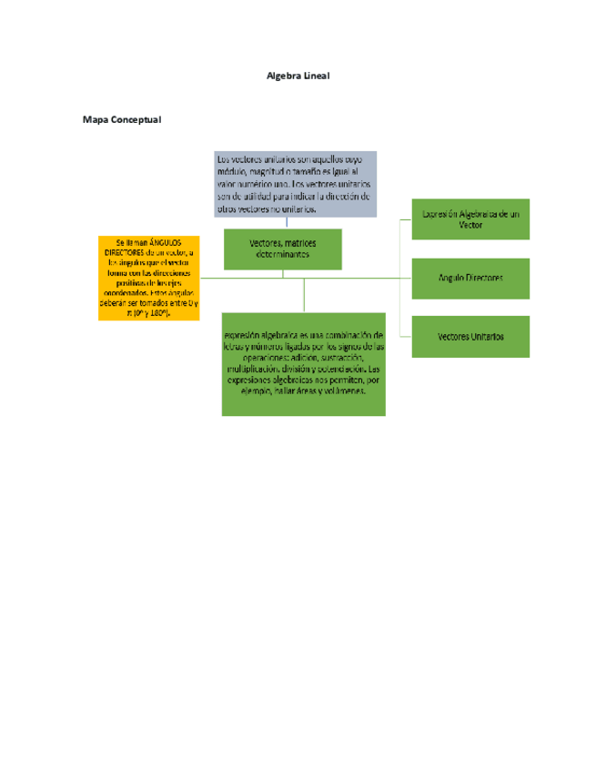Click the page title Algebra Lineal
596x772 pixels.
pos(298,76)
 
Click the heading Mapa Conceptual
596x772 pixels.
pos(122,119)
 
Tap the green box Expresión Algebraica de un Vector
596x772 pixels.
pos(470,218)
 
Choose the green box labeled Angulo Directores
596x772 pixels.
pos(470,278)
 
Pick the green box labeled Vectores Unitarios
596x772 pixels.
pos(470,337)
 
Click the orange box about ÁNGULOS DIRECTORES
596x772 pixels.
pos(149,278)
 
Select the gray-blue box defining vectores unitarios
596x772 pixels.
pos(295,183)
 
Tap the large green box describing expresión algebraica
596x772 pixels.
pos(303,363)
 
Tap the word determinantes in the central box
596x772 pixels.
pos(282,255)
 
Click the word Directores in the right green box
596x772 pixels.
pos(483,278)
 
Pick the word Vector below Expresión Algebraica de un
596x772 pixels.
pos(470,225)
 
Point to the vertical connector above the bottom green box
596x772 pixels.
pos(304,294)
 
